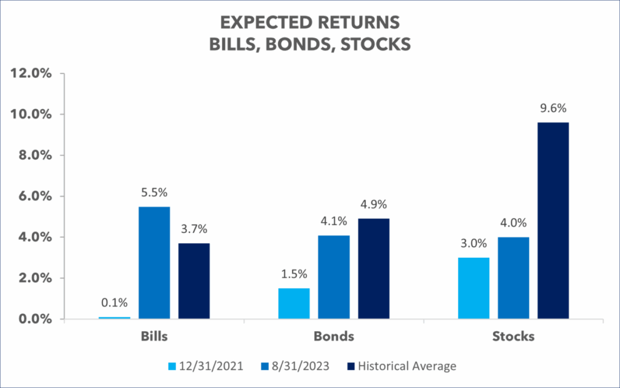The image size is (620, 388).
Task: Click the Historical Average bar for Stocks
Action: (553, 220)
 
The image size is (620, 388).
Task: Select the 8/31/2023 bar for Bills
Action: (154, 263)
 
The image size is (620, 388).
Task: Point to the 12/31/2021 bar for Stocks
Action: (473, 288)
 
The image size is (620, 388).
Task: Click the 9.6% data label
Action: (553, 109)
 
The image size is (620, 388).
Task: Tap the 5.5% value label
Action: (154, 193)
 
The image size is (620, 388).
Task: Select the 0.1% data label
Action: (114, 303)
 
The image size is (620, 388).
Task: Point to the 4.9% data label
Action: (374, 205)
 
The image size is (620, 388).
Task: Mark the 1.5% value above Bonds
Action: (294, 275)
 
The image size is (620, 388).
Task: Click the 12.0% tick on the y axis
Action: (31, 73)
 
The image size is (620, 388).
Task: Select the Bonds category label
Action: (334, 337)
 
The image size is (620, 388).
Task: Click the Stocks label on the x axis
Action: (513, 337)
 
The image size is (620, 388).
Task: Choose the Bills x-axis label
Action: (154, 337)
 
